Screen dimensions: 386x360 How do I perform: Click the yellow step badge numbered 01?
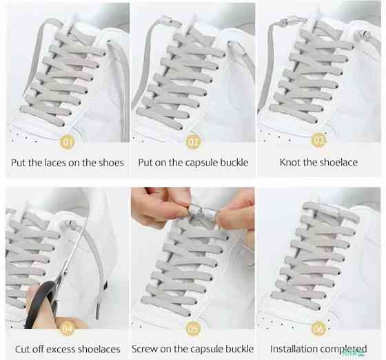click(x=68, y=142)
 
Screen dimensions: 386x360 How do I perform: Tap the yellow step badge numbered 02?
click(x=193, y=142)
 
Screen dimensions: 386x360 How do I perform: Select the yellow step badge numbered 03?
click(x=318, y=140)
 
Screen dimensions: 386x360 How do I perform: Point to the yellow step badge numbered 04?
click(x=68, y=329)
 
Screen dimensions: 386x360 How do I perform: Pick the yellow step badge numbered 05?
click(x=193, y=328)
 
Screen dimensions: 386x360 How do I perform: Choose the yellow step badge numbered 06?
click(x=318, y=328)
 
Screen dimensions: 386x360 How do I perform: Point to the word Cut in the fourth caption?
click(x=21, y=349)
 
